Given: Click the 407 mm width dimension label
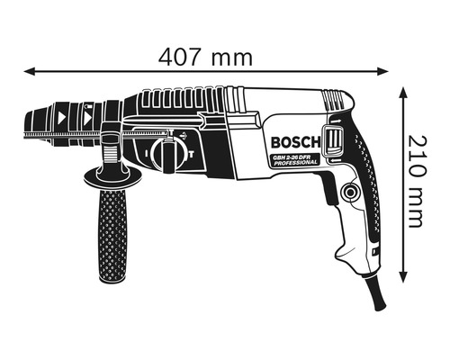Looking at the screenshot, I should (x=205, y=56).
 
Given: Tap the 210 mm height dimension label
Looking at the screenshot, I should (x=415, y=181).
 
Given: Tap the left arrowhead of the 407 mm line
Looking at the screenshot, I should (x=28, y=70).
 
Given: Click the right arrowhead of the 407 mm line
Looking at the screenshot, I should (x=386, y=70).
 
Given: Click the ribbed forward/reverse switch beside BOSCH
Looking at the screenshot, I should (x=335, y=142).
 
